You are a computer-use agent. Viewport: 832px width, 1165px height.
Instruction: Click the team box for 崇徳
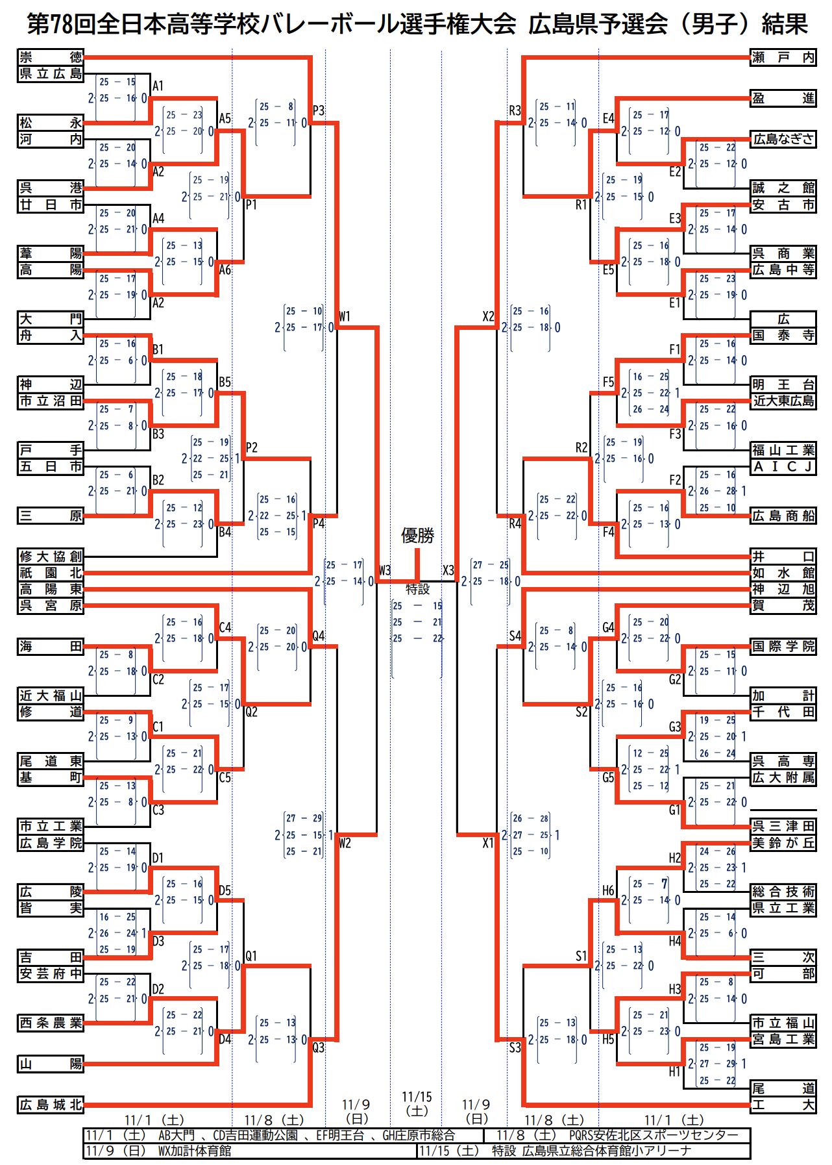click(x=51, y=57)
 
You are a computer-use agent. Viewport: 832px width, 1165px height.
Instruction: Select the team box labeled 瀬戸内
click(x=783, y=57)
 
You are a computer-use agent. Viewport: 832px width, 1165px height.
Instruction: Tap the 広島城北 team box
click(x=51, y=1104)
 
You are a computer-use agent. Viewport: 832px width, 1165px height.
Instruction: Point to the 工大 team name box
click(x=783, y=1104)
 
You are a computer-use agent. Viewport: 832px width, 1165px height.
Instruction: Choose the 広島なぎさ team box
click(x=783, y=138)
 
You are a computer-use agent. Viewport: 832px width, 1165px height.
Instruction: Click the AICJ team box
click(x=783, y=466)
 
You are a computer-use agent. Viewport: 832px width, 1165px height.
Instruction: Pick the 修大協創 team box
click(x=51, y=556)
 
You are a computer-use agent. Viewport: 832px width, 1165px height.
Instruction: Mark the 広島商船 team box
click(x=783, y=516)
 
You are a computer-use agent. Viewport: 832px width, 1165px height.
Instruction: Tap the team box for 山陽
click(x=51, y=1064)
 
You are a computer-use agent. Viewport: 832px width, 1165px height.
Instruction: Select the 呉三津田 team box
click(x=783, y=826)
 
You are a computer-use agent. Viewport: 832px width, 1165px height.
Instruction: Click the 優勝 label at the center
click(x=417, y=536)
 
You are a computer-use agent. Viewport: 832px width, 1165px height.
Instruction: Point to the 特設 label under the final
click(x=417, y=589)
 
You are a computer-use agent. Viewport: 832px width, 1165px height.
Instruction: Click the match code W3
click(x=385, y=570)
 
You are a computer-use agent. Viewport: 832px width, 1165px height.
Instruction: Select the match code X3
click(x=448, y=570)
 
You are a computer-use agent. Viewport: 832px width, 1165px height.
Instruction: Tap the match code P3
click(x=319, y=110)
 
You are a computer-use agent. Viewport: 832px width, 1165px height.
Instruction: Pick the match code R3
click(x=515, y=110)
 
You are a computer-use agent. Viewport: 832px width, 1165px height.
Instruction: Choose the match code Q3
click(x=319, y=1047)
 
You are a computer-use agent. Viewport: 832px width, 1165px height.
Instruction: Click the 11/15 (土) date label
click(x=417, y=1103)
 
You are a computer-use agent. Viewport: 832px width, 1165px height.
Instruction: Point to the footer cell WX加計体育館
click(x=195, y=1151)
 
